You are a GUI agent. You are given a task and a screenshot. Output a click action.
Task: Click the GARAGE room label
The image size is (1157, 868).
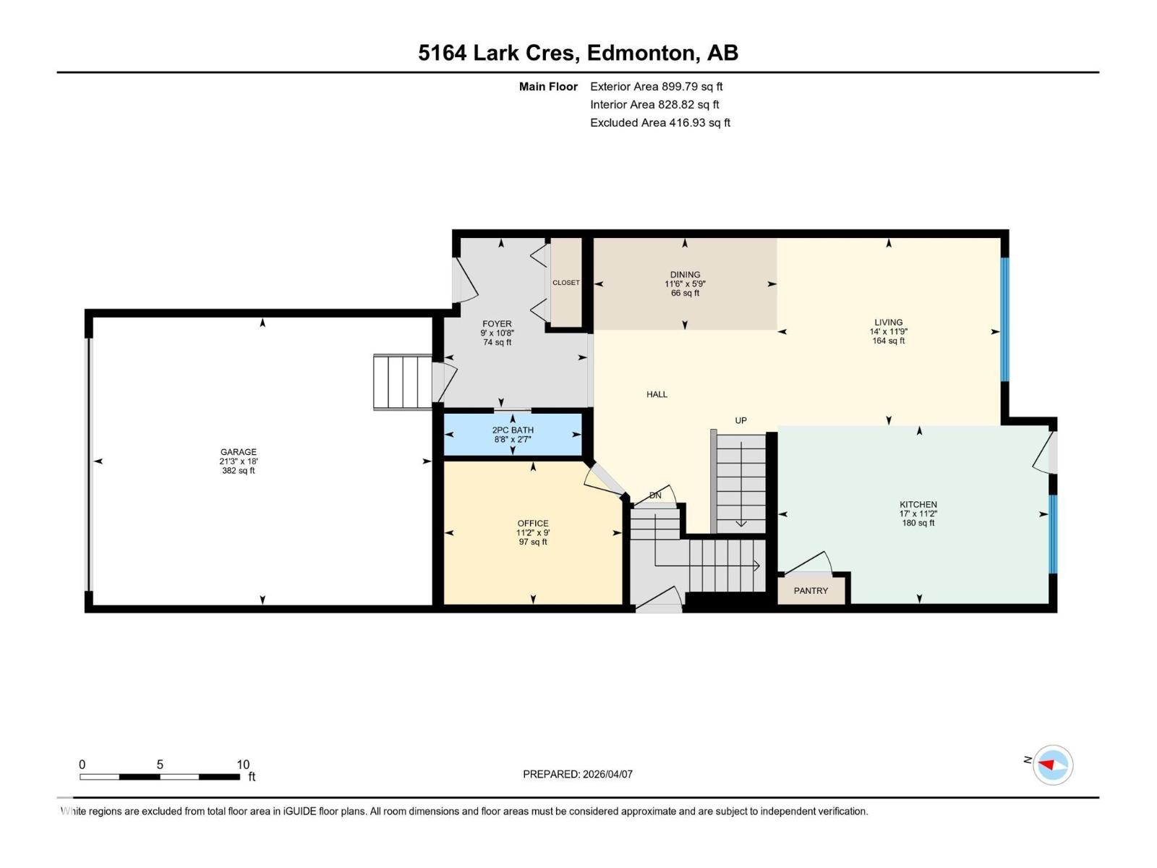tap(238, 451)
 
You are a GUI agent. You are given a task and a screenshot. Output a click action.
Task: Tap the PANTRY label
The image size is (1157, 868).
tap(811, 591)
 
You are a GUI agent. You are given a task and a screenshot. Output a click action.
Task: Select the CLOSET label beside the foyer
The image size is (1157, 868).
tap(566, 283)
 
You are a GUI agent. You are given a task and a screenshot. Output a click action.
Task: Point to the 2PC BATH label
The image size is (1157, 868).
tap(513, 430)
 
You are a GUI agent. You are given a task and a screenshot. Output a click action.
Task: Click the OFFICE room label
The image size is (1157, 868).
tap(533, 523)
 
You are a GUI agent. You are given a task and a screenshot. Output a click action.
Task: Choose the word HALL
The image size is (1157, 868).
tap(657, 394)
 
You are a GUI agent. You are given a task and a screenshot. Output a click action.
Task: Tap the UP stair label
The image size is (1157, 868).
tap(741, 420)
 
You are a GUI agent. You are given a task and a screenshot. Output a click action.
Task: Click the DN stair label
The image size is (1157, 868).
tap(655, 495)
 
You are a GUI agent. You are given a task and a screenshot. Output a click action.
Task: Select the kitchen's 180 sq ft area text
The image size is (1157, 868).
tap(918, 523)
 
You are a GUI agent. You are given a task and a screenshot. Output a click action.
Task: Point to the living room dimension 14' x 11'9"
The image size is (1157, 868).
tap(889, 331)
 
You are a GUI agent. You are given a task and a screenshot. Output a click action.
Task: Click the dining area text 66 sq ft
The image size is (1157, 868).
tap(686, 293)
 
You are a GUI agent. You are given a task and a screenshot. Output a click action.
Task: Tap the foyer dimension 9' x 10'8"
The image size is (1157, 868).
tap(497, 333)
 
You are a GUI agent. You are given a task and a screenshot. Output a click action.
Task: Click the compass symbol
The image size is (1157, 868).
tap(1053, 765)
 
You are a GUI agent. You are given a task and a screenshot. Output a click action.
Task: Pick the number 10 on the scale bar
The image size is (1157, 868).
tap(243, 764)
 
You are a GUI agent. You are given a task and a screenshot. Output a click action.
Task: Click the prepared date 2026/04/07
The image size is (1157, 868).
tap(607, 774)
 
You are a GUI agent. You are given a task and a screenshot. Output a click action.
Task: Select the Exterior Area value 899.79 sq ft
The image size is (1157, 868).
tap(692, 86)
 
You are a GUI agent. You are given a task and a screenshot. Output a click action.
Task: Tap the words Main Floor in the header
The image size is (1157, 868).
tap(548, 86)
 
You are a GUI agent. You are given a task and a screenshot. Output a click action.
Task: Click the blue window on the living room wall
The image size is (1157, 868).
tap(1004, 320)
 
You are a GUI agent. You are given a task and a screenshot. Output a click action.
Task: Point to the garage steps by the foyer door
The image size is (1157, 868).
tap(403, 382)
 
